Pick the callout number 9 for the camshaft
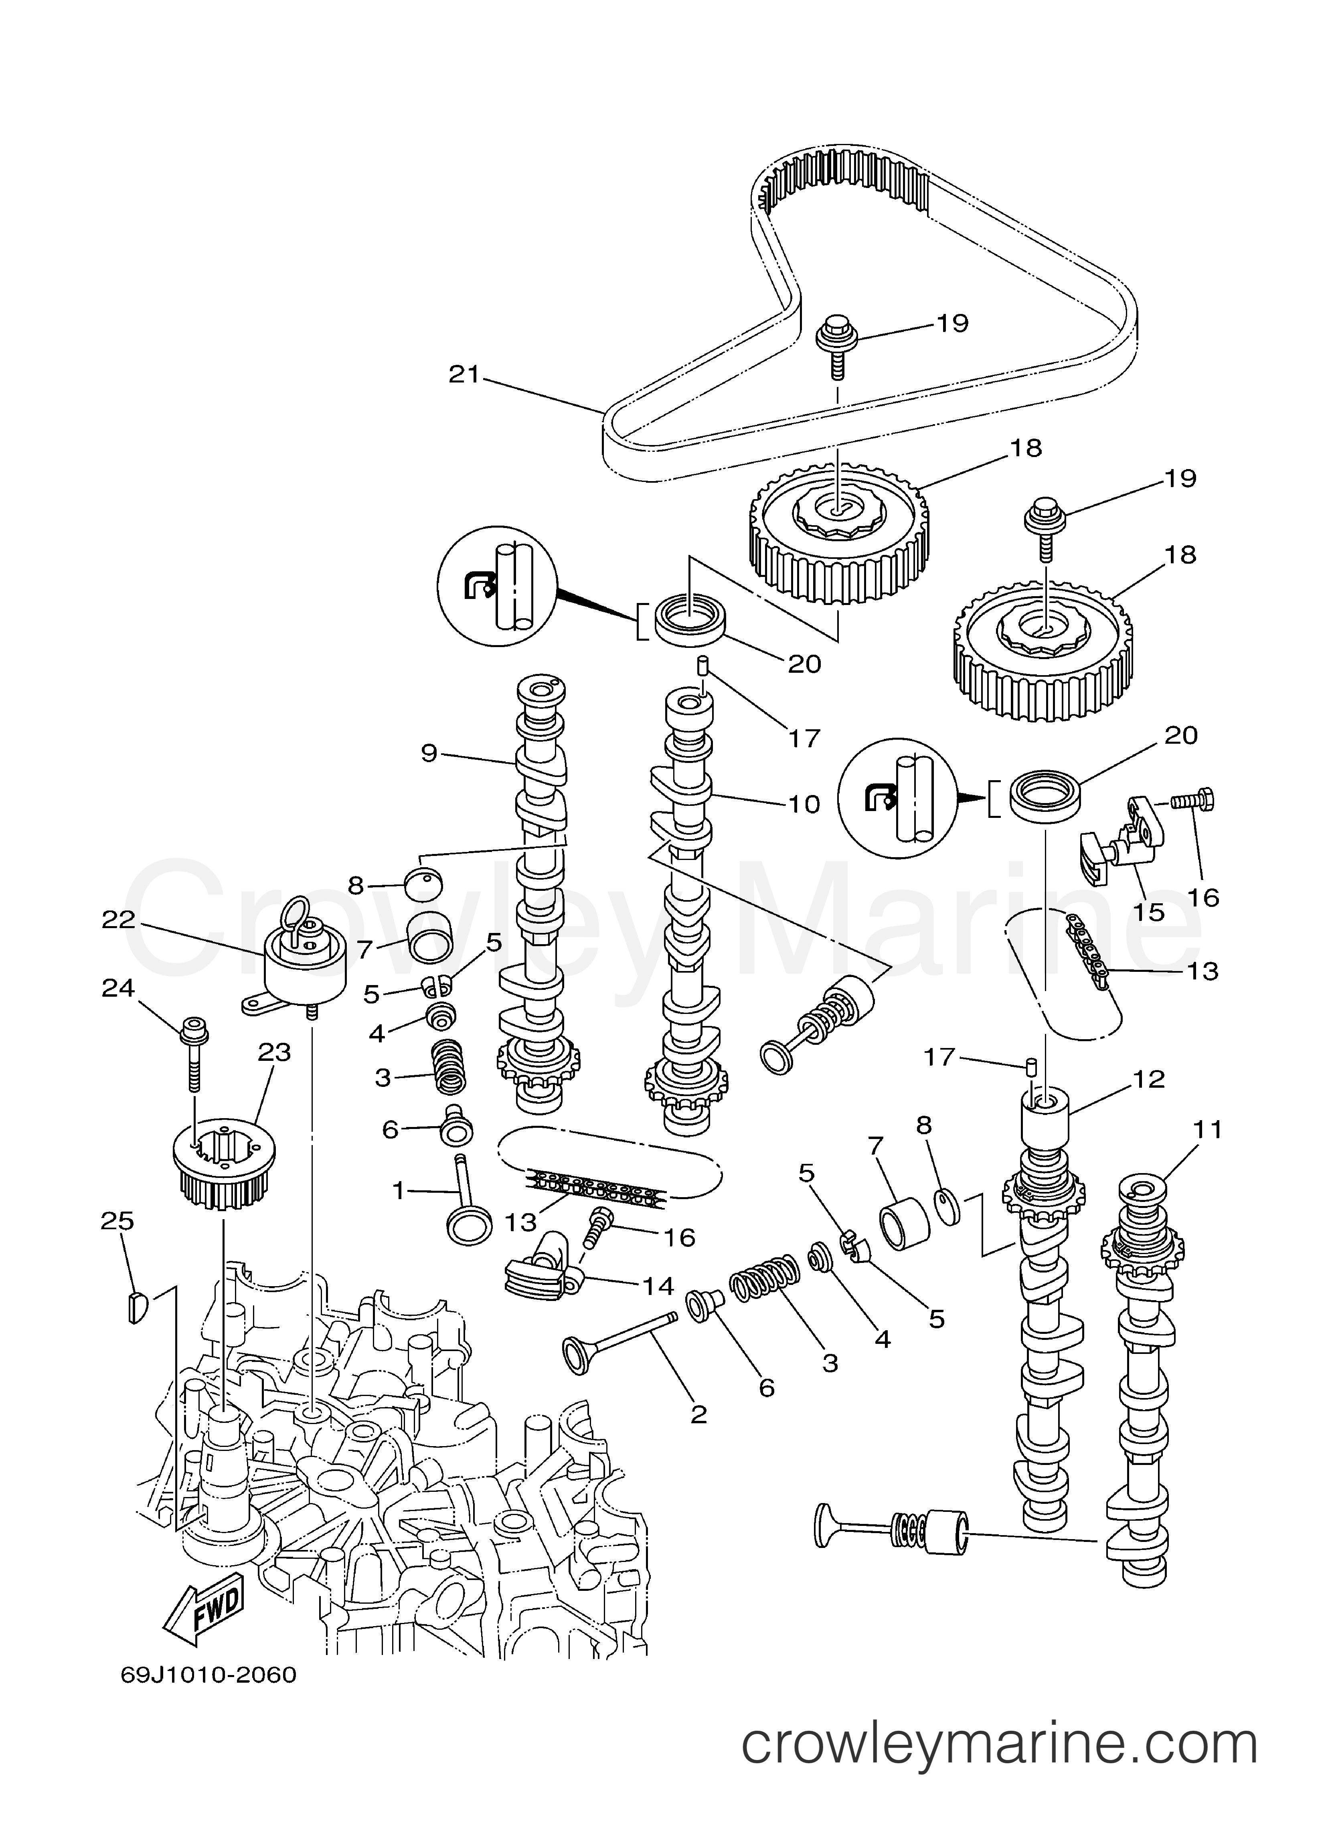[429, 753]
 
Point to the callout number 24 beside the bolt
[118, 987]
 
